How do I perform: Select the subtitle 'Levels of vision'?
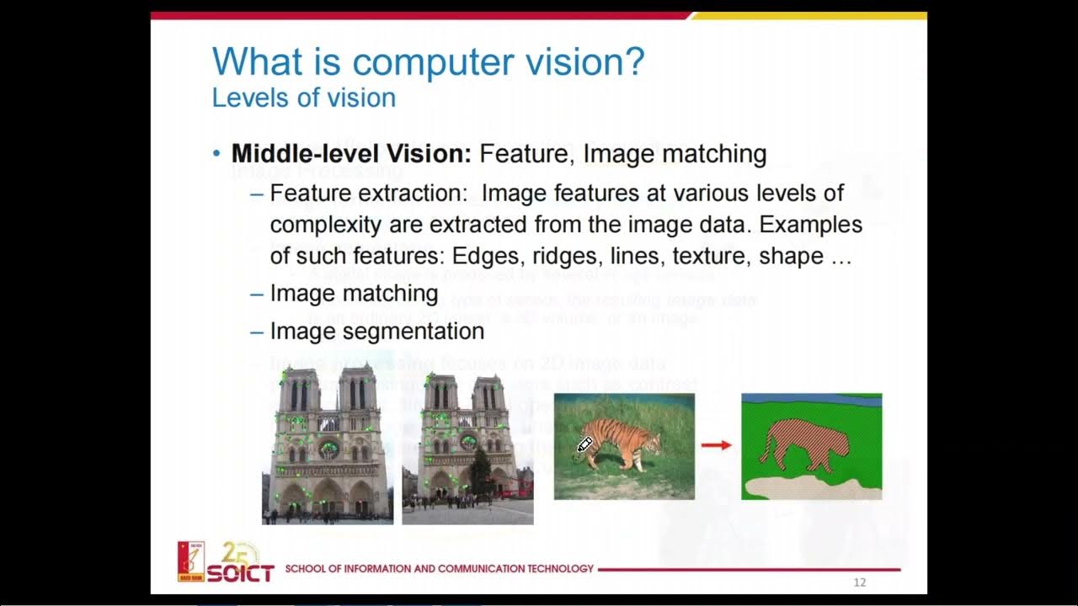[x=303, y=98]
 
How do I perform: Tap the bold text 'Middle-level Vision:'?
[x=351, y=153]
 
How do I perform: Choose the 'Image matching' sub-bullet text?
[x=354, y=293]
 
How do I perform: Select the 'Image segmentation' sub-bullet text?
[x=376, y=331]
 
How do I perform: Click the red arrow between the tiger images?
[x=717, y=445]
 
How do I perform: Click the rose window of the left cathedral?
[x=328, y=449]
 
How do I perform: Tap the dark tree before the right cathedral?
[x=481, y=471]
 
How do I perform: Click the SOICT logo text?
[x=240, y=573]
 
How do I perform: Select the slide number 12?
[x=860, y=582]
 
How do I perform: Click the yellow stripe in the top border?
[x=808, y=15]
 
